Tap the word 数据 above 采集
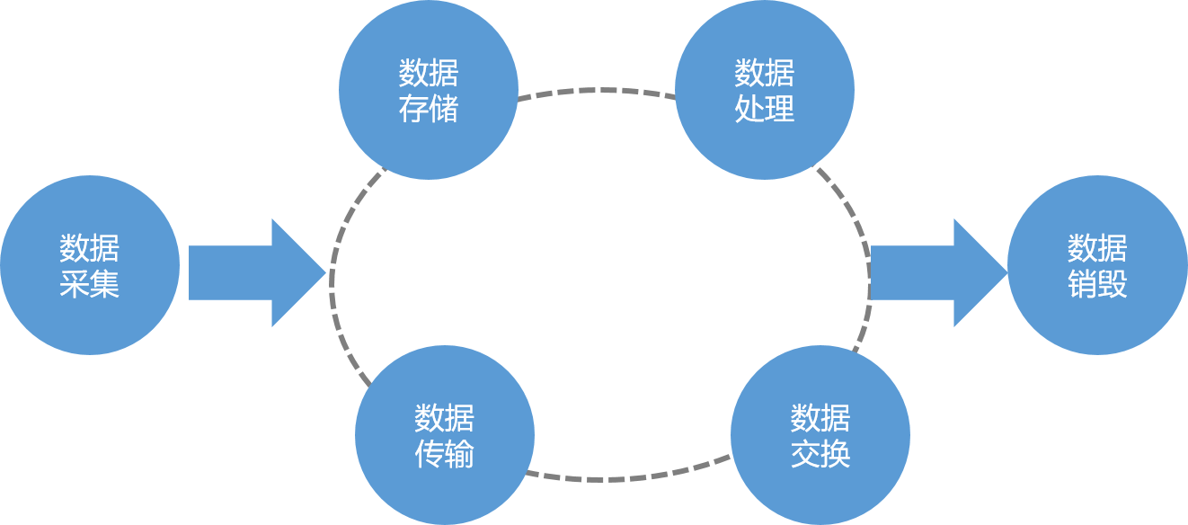[90, 248]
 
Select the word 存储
[429, 109]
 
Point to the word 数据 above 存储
[429, 73]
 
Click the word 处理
[765, 109]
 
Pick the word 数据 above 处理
[765, 73]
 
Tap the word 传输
[445, 455]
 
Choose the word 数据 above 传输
[445, 419]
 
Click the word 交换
[820, 455]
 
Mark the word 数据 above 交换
[820, 419]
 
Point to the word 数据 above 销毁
[1097, 248]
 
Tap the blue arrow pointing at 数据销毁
[935, 272]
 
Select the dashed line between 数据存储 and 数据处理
[597, 90]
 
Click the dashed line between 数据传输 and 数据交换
[629, 476]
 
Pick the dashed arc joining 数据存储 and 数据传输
[334, 270]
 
